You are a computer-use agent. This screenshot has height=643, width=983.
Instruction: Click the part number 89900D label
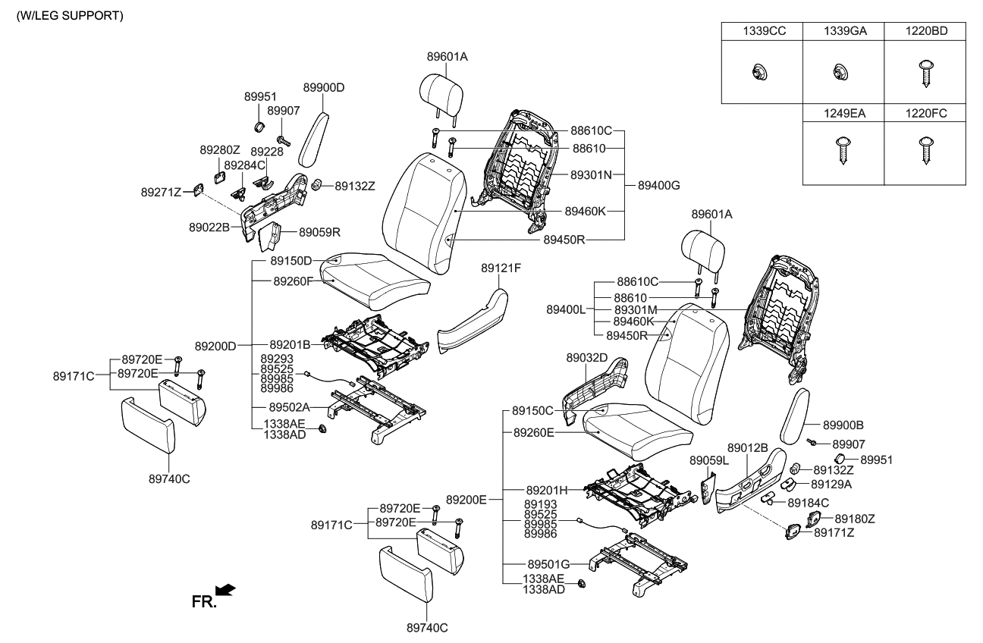click(324, 87)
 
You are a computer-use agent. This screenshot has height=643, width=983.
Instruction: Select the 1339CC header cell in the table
click(761, 31)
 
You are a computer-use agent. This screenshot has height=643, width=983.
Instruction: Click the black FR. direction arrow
click(226, 589)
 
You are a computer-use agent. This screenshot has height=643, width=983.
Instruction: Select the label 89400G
click(658, 184)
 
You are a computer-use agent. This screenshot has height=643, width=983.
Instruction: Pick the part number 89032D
click(587, 356)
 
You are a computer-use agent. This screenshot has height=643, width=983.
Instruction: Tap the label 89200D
click(215, 346)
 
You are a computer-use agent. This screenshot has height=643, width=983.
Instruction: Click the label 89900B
click(843, 425)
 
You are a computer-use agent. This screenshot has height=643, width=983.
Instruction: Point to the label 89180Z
click(855, 519)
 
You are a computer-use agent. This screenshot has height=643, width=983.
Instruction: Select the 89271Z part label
click(161, 193)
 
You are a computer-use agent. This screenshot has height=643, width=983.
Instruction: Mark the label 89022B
click(209, 227)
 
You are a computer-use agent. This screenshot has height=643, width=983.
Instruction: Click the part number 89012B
click(748, 448)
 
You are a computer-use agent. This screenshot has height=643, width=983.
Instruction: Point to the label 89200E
click(466, 500)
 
